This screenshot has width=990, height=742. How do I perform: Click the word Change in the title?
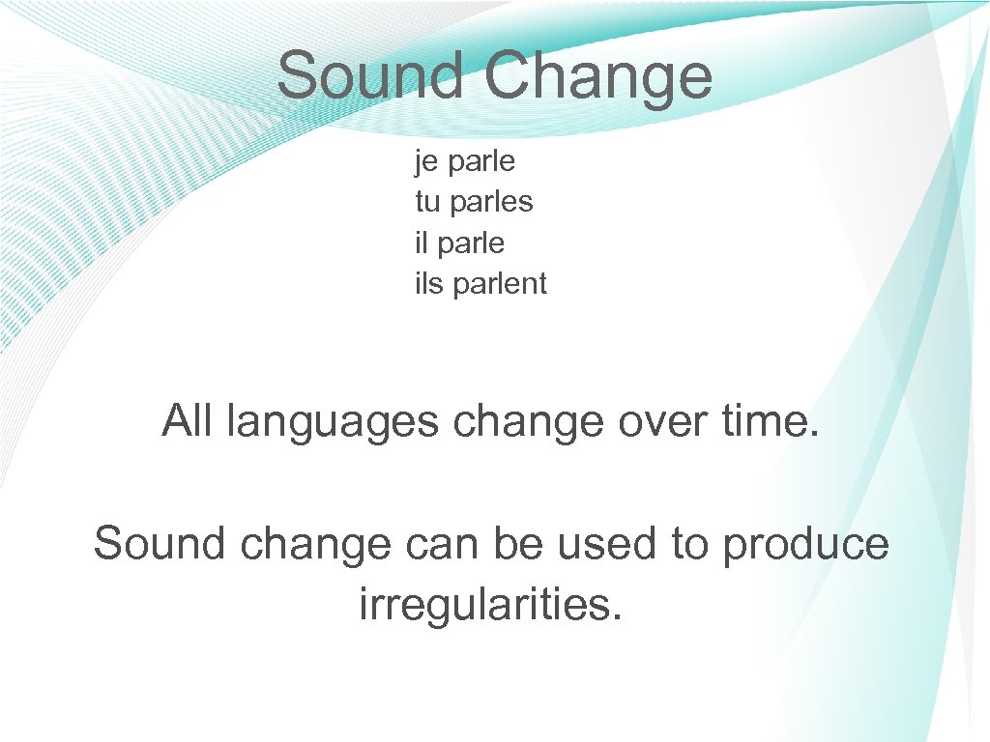click(598, 78)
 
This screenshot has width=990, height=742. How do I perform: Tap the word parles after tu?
click(491, 203)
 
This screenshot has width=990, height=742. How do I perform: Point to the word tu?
click(426, 203)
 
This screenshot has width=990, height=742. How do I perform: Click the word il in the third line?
click(422, 243)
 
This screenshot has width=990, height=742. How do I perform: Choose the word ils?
click(429, 283)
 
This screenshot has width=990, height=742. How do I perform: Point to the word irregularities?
click(490, 606)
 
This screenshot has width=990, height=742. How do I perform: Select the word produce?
click(805, 545)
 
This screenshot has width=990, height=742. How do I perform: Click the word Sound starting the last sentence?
click(160, 543)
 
